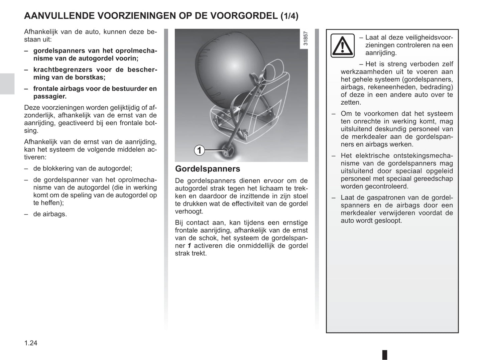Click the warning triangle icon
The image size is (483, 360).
click(342, 45)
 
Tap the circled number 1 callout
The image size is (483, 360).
click(200, 150)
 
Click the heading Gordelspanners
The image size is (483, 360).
click(208, 169)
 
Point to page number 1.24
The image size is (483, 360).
click(31, 343)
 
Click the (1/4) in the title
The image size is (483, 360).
click(289, 16)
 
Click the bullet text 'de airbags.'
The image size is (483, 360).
click(50, 214)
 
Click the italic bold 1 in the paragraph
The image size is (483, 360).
click(189, 246)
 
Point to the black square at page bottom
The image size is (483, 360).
click(385, 354)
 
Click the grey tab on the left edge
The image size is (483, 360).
click(7, 84)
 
